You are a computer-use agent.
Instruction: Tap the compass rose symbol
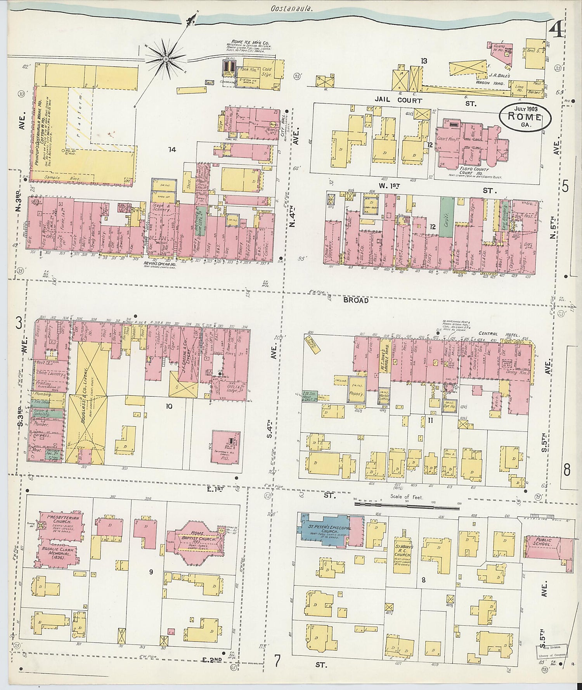(x=166, y=59)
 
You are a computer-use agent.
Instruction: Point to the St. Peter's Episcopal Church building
(x=324, y=530)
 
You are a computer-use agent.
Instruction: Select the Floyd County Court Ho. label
(x=474, y=171)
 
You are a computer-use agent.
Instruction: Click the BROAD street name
(x=355, y=300)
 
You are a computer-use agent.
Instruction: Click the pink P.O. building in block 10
(x=226, y=446)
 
